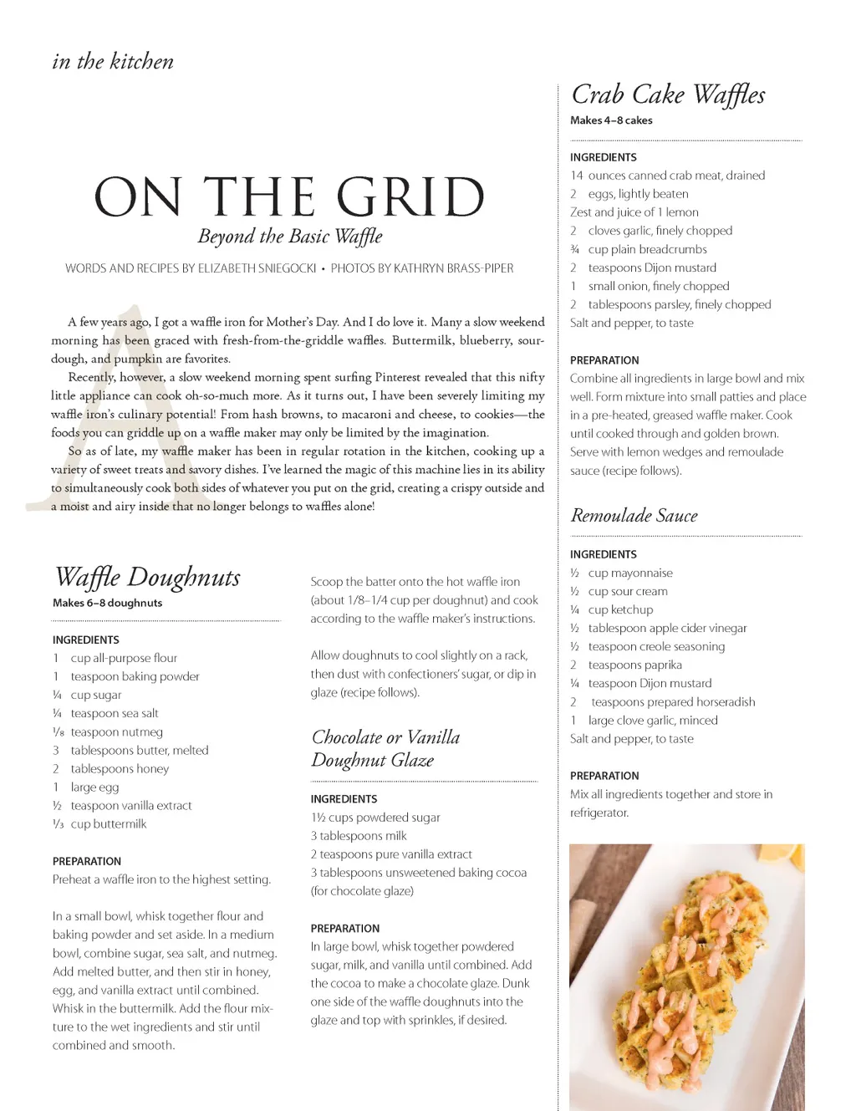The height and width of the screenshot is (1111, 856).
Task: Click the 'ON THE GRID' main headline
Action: [289, 197]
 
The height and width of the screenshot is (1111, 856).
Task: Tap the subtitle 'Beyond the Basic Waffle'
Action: [289, 237]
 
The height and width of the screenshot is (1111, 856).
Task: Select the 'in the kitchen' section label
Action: [113, 62]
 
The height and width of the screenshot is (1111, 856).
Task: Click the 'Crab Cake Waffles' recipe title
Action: [668, 95]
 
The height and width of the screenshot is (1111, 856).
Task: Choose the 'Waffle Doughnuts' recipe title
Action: [147, 578]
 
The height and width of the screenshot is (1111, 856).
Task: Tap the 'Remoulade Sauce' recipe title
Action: [634, 516]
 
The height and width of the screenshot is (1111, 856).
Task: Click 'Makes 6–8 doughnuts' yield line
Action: [107, 603]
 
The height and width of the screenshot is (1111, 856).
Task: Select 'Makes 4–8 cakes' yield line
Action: [611, 120]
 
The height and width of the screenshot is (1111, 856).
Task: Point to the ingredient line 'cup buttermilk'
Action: [108, 824]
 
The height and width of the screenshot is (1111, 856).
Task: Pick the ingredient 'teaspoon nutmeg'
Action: [116, 732]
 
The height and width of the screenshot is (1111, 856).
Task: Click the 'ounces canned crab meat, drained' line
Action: [675, 176]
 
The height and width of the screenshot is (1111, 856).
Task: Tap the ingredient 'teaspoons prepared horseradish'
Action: [672, 702]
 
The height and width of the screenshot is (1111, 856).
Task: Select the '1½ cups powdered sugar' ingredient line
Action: [375, 818]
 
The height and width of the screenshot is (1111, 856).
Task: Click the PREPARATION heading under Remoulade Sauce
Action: [604, 776]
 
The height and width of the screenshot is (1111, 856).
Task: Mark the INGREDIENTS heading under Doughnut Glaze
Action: [344, 799]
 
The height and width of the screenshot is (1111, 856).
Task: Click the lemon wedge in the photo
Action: [783, 855]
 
